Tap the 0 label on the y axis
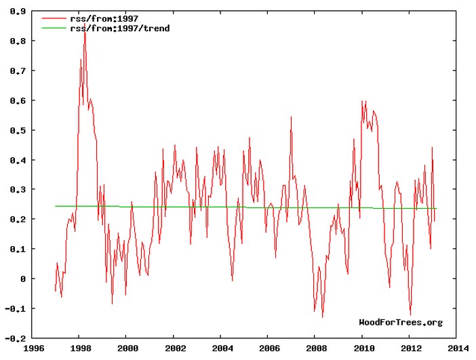click(x=24, y=279)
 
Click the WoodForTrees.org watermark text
click(x=400, y=322)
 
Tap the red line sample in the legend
click(x=54, y=18)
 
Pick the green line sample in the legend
click(x=54, y=28)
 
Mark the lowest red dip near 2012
click(x=410, y=315)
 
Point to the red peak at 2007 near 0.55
click(x=291, y=117)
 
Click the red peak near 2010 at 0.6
click(x=363, y=101)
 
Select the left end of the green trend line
click(x=56, y=206)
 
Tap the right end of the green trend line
click(x=437, y=208)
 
